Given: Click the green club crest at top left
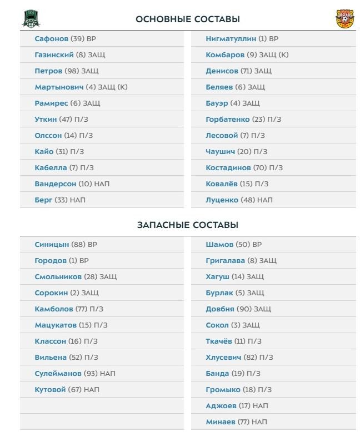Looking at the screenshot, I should [31, 19].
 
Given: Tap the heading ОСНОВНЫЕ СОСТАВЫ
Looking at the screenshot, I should [188, 19].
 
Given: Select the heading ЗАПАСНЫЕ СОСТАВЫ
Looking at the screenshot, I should [188, 225].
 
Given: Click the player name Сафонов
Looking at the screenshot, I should [51, 39].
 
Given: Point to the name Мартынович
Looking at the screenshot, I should [59, 87].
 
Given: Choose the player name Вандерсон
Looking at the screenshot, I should [56, 184].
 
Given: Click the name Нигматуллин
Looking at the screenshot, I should [231, 39].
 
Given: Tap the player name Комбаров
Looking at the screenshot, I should [225, 55].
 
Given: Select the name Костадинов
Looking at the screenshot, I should [228, 167].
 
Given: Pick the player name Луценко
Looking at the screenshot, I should [222, 200].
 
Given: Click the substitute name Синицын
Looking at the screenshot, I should [52, 244].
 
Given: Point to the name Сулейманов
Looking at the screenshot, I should [58, 373].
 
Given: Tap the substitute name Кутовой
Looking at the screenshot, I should [50, 390].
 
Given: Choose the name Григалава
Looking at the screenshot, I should [225, 260].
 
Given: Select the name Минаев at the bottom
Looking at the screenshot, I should [220, 422].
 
